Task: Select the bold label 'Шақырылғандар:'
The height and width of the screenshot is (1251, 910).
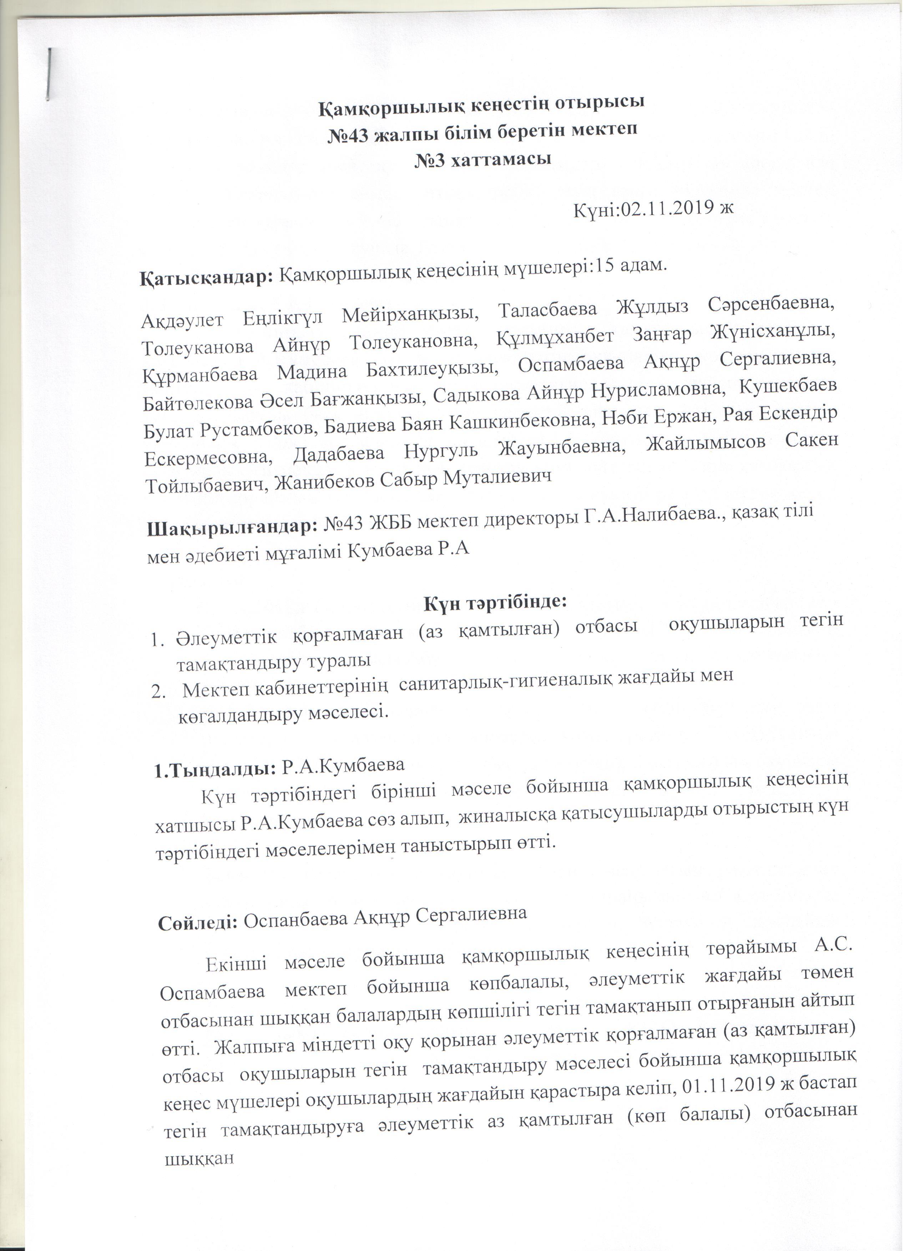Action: (231, 527)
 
